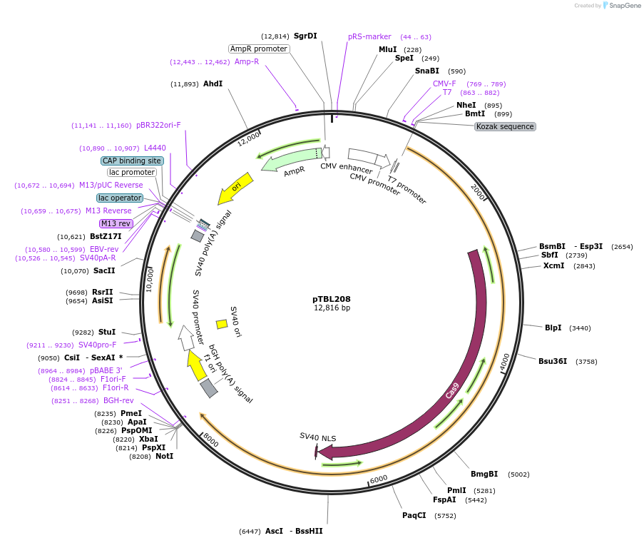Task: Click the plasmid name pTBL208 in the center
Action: pos(332,299)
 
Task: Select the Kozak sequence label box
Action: pos(505,126)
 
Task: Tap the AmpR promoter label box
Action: pos(259,49)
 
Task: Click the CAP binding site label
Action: pos(132,161)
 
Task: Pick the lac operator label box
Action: pos(120,198)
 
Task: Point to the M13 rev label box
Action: pos(116,223)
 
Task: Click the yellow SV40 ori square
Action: pos(222,325)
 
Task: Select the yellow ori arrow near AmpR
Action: pos(235,188)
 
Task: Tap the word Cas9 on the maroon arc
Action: pos(452,390)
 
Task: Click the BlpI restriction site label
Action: pos(553,328)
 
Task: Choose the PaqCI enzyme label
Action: pos(414,515)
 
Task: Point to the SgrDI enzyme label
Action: pos(305,36)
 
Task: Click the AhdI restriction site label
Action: pos(213,84)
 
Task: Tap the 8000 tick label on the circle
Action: pos(210,440)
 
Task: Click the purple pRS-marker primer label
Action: pos(369,36)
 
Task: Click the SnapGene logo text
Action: pos(625,5)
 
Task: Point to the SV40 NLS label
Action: pos(317,437)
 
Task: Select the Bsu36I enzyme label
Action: pos(553,361)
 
